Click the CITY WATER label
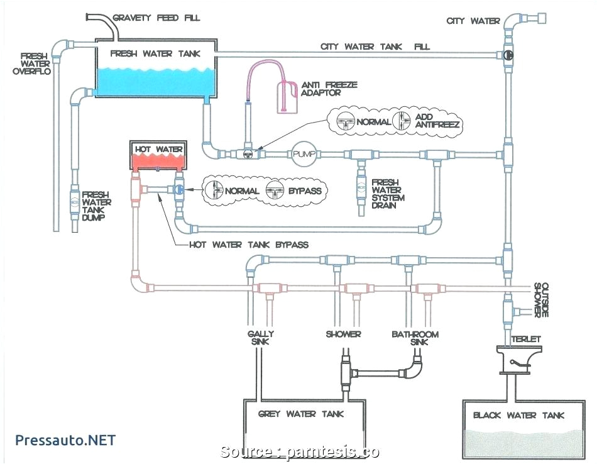pos(473,21)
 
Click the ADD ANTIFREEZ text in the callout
pos(437,121)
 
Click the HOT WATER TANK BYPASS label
pos(249,244)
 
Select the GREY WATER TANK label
pos(301,414)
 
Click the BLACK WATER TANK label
pos(518,415)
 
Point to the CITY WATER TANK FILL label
pos(375,47)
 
